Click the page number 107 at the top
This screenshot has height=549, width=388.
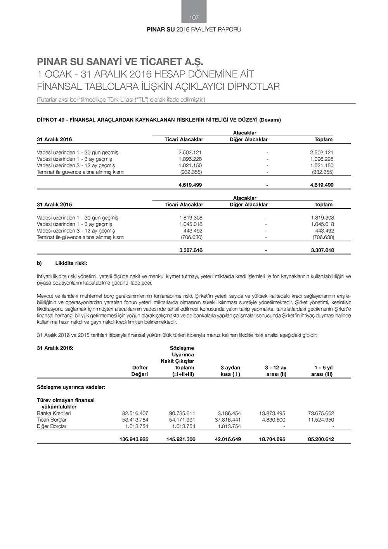pos(194,17)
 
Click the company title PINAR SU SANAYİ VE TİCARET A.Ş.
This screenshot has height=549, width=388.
pos(120,62)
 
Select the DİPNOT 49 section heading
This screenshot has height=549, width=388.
pos(159,120)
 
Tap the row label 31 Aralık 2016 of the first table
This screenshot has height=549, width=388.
pos(54,139)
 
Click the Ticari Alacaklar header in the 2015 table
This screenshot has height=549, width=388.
pos(184,205)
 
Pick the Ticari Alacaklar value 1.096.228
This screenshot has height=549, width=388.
pos(190,159)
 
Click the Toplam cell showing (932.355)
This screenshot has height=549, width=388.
pos(322,172)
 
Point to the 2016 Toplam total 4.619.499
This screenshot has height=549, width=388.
pos(322,185)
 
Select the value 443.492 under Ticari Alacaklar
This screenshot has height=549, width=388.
pos(193,231)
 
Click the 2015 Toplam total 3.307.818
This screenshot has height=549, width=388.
pos(322,250)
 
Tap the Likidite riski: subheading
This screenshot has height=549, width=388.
pos(71,263)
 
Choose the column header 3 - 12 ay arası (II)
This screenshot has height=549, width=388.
pos(276,371)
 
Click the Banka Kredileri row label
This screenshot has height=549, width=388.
pos(54,413)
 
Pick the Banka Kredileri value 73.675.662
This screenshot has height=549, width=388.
pos(321,413)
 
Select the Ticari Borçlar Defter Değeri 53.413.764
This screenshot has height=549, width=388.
pos(135,420)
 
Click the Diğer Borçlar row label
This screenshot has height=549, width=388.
pos(52,426)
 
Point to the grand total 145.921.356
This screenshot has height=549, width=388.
pos(182,439)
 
